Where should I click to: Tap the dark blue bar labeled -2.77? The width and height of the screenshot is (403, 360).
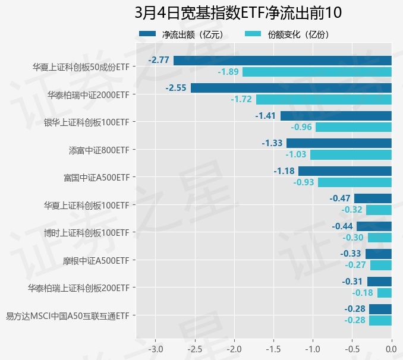coord(282,60)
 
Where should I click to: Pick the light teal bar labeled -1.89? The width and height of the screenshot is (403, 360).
coord(317,72)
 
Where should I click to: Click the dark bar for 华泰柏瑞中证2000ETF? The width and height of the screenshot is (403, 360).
coord(291,88)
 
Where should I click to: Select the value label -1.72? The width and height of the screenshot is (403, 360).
coord(241,99)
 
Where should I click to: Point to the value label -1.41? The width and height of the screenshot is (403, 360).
coord(266,115)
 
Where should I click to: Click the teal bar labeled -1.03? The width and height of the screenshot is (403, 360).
coord(351,154)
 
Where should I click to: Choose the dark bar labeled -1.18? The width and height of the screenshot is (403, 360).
coord(345,171)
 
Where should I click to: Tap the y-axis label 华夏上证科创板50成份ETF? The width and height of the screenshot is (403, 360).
coord(81,67)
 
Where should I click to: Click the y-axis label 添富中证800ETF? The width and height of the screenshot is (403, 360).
coord(99,150)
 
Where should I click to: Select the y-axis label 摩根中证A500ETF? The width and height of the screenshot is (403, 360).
coord(96,260)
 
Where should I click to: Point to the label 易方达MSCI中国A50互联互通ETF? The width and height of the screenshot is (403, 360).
coord(67,315)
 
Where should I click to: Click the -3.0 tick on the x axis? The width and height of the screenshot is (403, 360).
coord(155,348)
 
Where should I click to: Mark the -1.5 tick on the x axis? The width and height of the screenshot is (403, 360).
coord(273,348)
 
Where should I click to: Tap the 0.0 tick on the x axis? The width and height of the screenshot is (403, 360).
coord(391,348)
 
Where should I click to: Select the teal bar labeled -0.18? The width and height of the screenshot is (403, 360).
coord(384,293)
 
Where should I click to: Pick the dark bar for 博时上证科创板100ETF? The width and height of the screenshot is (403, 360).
coord(374,226)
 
